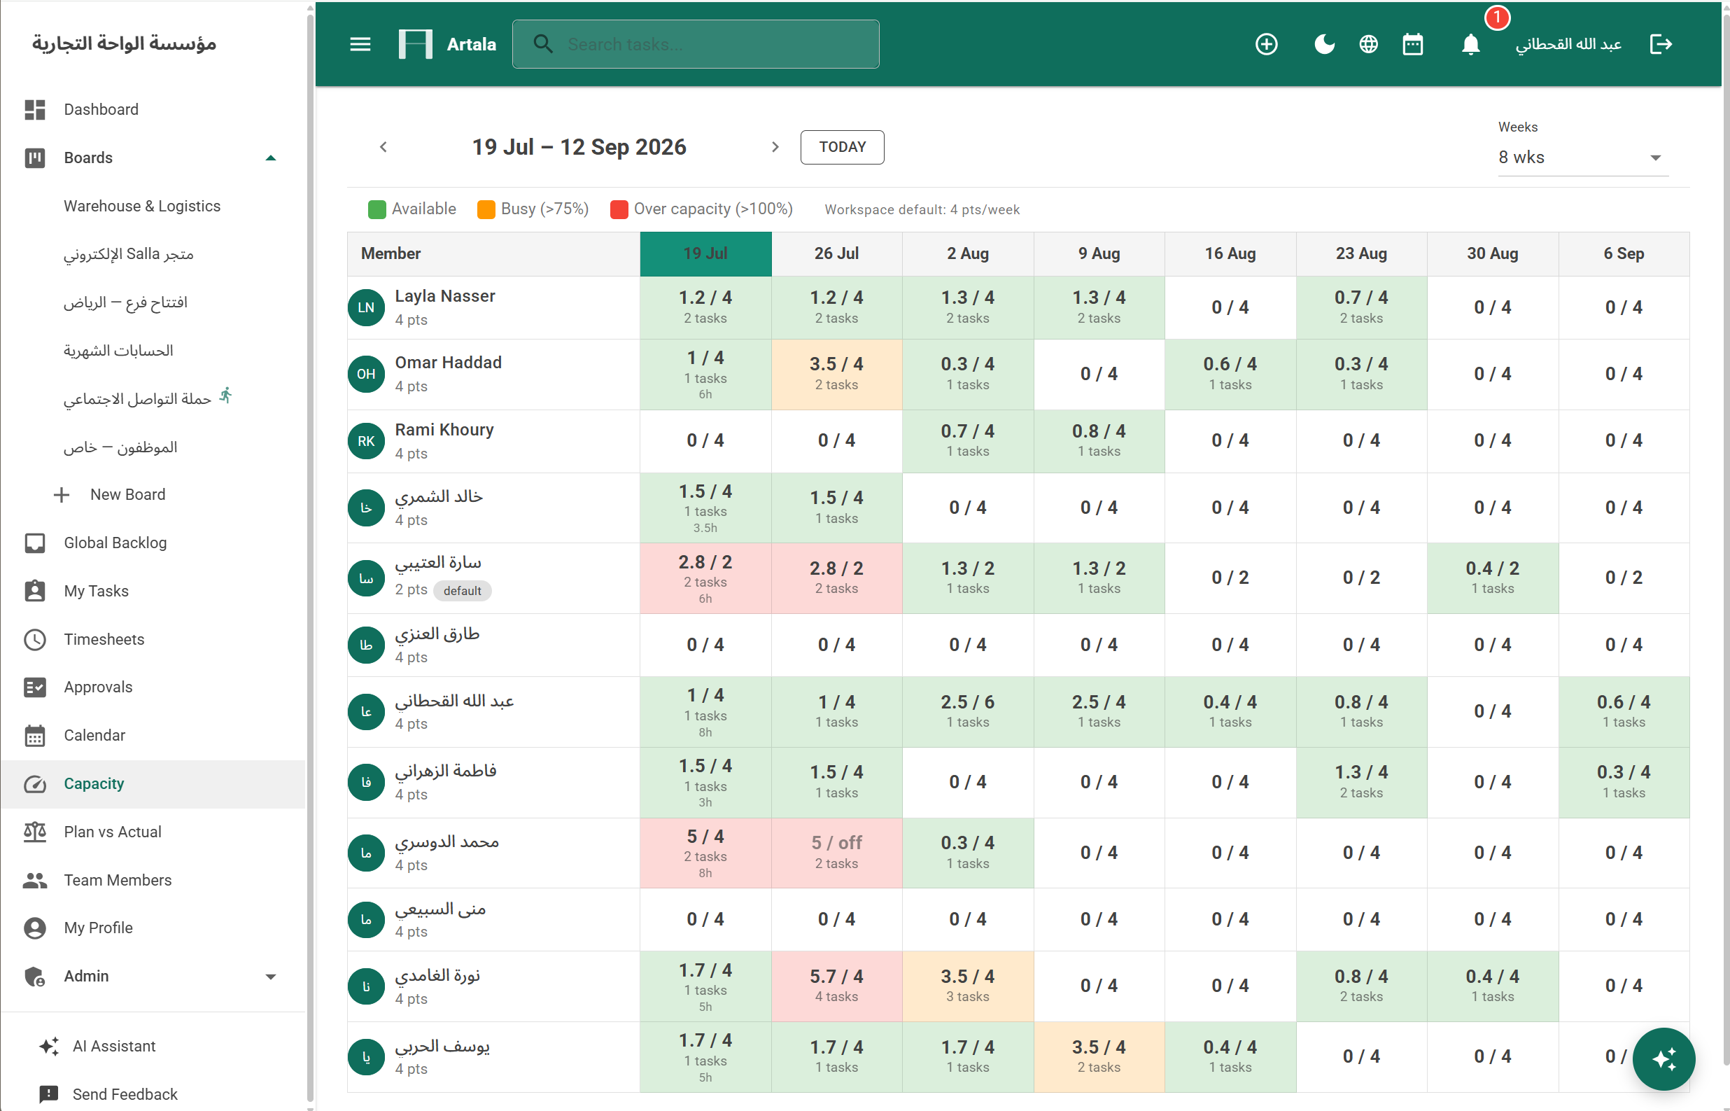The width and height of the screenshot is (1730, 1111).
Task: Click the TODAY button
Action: [842, 147]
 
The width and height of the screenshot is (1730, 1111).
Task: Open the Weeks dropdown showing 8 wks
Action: [1583, 158]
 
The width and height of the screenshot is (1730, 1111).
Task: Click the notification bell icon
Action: [1470, 45]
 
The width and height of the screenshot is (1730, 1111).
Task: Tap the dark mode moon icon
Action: [1324, 45]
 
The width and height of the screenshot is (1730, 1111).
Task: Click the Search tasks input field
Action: [695, 45]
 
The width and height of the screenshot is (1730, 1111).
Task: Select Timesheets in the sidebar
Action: [104, 639]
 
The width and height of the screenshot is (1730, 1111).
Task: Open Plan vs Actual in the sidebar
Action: [112, 832]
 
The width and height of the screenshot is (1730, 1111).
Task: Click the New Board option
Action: [127, 495]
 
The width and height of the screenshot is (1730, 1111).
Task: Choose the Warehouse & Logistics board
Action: [142, 207]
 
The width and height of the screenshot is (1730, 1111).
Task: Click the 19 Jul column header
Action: [705, 254]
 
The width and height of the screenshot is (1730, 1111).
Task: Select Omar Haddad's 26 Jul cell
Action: [836, 375]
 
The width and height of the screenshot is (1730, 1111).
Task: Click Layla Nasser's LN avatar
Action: [366, 308]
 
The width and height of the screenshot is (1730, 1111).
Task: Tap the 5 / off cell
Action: [836, 853]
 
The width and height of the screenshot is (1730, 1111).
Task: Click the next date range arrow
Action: [775, 147]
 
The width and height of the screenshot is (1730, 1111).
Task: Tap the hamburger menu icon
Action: [360, 45]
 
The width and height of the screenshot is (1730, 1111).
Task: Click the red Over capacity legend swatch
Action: [619, 210]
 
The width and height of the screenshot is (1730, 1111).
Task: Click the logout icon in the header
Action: [1661, 45]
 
